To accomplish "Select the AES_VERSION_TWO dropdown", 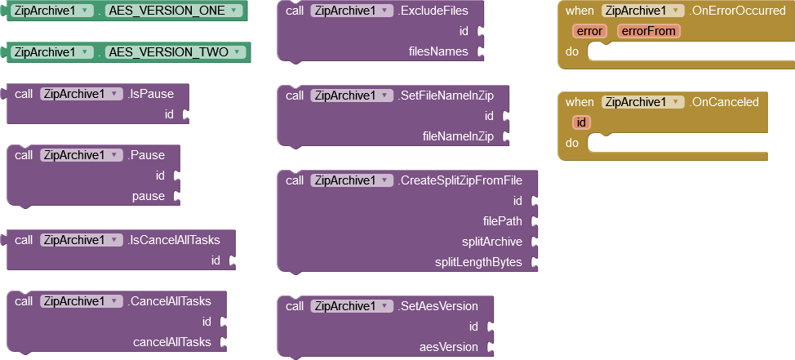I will click(x=175, y=52).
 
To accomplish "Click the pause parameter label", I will click(x=149, y=197).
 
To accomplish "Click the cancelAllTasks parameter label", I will click(x=172, y=342).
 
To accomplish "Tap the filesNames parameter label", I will click(x=438, y=51).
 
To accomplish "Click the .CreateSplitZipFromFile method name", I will click(x=460, y=180).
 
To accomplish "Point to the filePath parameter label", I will click(x=503, y=221).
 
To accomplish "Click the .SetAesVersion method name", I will click(x=438, y=306).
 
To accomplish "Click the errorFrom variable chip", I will click(x=648, y=32).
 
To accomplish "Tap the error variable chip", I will click(x=589, y=32).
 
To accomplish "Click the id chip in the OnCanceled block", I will click(x=581, y=122).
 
